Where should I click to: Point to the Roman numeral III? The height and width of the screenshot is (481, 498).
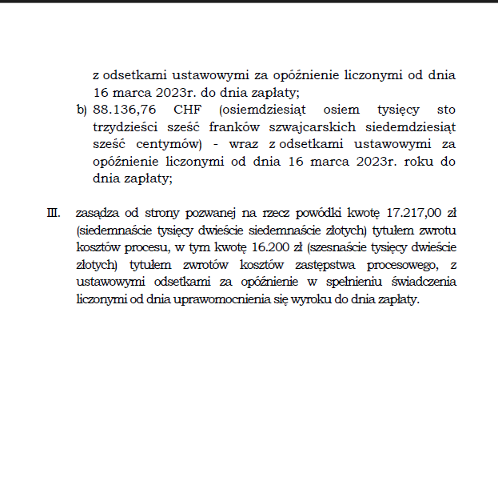pyautogui.click(x=54, y=213)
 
